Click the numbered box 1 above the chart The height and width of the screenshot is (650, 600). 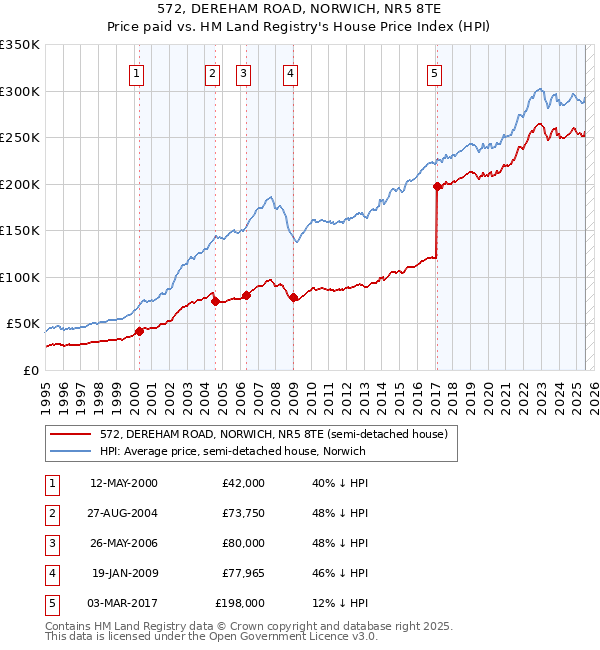pos(136,72)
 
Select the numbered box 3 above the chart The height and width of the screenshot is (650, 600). pos(243,72)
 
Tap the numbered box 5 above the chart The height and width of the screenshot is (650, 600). pos(435,72)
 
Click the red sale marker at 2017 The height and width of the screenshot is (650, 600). pos(437,186)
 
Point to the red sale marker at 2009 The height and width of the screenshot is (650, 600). pos(293,297)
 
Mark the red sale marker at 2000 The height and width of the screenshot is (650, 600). pos(140,331)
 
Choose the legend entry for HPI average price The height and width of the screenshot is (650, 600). pos(232,451)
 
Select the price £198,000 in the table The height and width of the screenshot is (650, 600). pos(240,603)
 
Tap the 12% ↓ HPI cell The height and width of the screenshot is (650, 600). pos(340,603)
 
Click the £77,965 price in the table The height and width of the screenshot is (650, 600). pos(240,573)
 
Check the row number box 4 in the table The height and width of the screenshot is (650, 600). pos(50,573)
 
